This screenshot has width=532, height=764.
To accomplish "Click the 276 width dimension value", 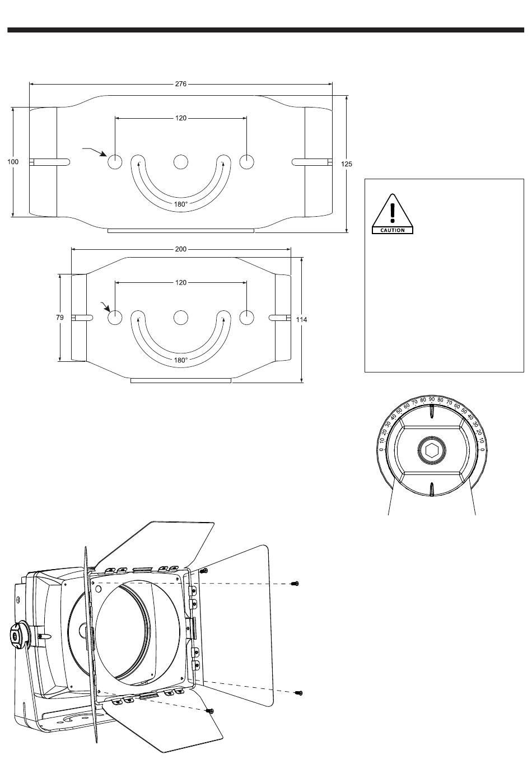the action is [180, 85].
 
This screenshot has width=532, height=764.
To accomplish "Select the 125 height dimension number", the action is [347, 164].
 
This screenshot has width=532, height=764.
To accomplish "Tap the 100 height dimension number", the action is [12, 162].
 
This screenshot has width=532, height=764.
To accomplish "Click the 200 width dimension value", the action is [180, 249].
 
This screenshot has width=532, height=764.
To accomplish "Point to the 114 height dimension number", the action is [302, 320].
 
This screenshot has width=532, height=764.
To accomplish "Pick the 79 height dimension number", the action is [60, 318].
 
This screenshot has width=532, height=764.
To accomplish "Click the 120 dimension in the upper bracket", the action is [180, 118].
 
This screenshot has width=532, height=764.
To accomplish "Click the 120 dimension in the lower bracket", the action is [180, 283].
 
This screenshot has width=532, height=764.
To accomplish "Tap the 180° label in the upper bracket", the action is [180, 204].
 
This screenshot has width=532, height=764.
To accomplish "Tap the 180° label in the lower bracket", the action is [180, 360].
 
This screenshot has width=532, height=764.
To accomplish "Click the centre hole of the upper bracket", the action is [180, 162].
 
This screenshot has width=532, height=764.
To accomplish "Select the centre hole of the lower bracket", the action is [180, 318].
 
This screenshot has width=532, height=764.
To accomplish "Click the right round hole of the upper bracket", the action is [247, 162].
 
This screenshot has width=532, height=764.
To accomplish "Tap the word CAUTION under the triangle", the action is [393, 230].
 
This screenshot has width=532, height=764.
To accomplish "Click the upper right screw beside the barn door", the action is [295, 584].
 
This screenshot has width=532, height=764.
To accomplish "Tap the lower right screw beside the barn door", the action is [299, 693].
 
